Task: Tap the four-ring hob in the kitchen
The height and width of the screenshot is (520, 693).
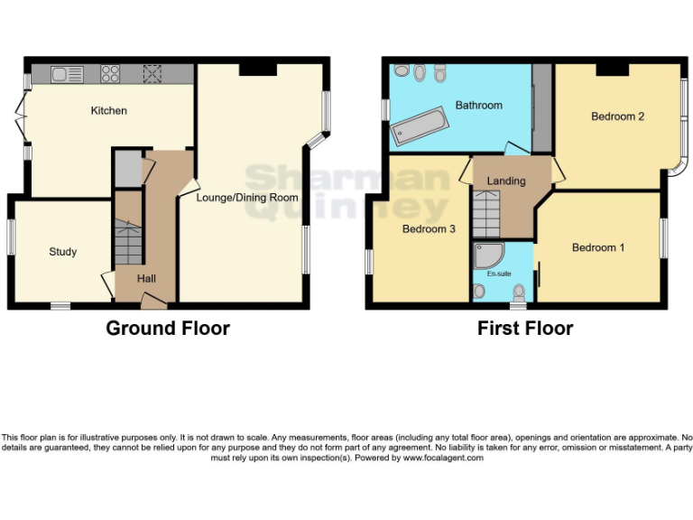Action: click(x=112, y=74)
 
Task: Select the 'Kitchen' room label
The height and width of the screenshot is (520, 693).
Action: click(x=108, y=111)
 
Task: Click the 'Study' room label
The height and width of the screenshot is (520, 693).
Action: click(x=62, y=252)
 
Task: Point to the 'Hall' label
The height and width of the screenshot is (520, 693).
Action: click(x=146, y=279)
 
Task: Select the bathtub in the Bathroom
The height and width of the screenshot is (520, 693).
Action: click(x=418, y=127)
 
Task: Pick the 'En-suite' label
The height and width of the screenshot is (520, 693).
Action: click(x=499, y=273)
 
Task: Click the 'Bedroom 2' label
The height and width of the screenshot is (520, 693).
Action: click(x=617, y=116)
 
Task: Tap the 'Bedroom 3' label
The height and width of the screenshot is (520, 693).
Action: click(x=429, y=229)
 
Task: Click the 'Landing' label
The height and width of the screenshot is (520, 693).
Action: click(x=505, y=181)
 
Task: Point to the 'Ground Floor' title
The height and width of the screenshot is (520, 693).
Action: click(x=168, y=329)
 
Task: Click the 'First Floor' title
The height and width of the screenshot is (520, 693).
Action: click(x=525, y=329)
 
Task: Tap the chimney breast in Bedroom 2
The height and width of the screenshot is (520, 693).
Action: click(x=612, y=69)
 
